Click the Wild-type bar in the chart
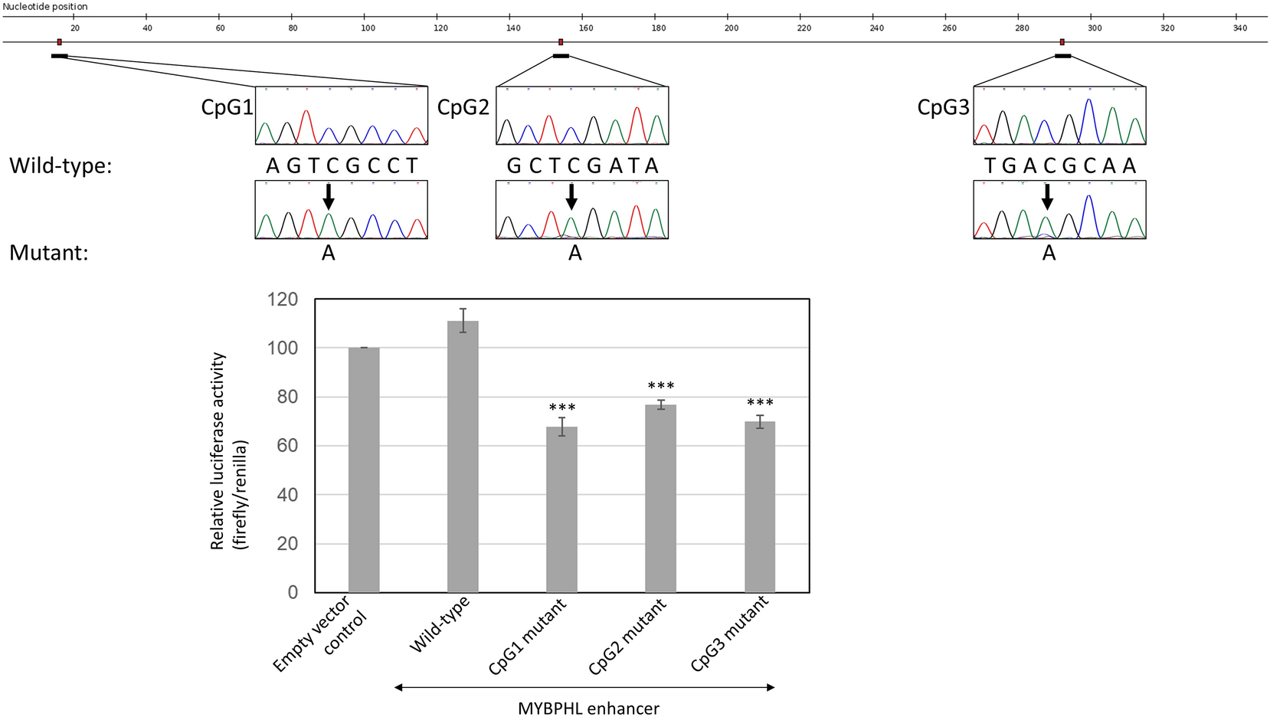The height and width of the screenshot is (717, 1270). tap(463, 457)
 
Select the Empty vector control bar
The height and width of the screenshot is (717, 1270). tap(364, 470)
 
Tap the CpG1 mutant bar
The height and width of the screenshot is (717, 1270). tap(561, 509)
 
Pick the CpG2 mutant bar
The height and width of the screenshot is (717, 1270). tap(660, 498)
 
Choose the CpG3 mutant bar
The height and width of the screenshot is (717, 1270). tap(760, 506)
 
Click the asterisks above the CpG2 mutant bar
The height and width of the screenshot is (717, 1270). tap(661, 386)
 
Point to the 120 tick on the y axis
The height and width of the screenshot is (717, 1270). tap(282, 300)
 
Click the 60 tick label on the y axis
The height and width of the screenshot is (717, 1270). tap(287, 446)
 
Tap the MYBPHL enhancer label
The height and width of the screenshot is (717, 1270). tap(588, 708)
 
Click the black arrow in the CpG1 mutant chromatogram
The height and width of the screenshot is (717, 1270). tap(329, 197)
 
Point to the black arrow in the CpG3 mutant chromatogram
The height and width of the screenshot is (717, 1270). tap(1047, 197)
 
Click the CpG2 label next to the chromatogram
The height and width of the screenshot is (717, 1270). tap(463, 107)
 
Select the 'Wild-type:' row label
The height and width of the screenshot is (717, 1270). tap(61, 165)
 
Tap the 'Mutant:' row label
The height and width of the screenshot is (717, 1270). tap(49, 253)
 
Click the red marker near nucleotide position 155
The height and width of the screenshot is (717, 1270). tap(561, 42)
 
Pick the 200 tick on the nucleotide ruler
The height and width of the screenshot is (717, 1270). tap(732, 28)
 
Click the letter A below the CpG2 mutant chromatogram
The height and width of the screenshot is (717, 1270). tap(575, 254)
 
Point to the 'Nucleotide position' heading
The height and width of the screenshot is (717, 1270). tap(45, 6)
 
